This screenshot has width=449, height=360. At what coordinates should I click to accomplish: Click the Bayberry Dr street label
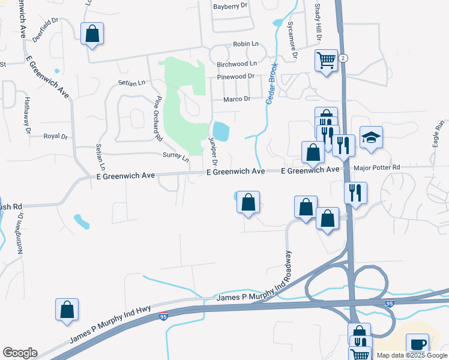(231, 6)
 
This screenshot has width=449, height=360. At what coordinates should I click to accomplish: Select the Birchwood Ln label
(237, 64)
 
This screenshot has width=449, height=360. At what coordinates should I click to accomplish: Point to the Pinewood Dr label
(237, 76)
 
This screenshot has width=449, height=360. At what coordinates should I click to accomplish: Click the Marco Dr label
(237, 99)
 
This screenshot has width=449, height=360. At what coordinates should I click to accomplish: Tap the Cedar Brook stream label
(271, 83)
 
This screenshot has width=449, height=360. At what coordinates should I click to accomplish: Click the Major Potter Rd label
(377, 167)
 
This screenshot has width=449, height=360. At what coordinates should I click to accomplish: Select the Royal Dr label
(56, 136)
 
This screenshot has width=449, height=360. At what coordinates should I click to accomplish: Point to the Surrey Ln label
(176, 157)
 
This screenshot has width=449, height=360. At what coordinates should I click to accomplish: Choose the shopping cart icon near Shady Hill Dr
(326, 59)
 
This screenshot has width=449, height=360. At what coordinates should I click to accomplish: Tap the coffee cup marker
(418, 344)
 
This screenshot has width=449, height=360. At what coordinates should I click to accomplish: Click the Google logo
(20, 353)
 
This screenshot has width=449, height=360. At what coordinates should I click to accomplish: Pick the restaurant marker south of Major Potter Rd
(355, 192)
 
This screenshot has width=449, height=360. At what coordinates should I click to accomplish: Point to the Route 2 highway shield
(343, 58)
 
